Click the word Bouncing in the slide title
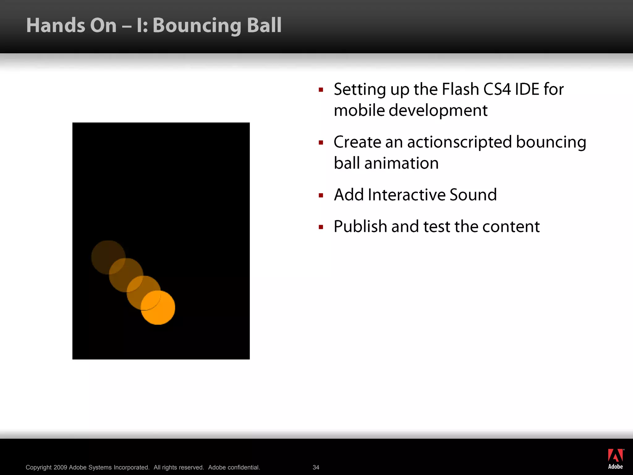click(197, 26)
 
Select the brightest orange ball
click(158, 308)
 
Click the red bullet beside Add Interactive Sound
click(321, 195)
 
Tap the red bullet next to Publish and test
click(321, 227)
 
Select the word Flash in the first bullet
click(460, 89)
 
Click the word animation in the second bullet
click(401, 163)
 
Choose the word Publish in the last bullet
click(360, 227)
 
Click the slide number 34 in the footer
click(316, 467)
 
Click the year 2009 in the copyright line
click(60, 467)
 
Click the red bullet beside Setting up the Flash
click(321, 90)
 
